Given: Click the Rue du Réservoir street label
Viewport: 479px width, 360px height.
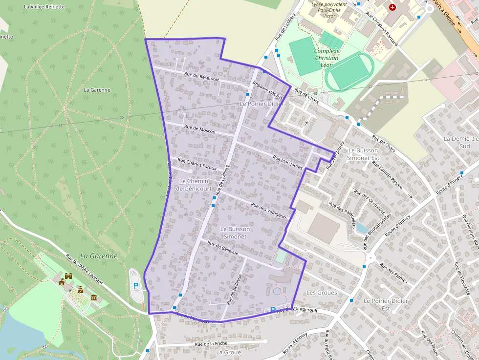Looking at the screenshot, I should coord(201,77).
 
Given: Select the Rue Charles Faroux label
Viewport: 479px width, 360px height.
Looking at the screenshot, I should coord(197,164).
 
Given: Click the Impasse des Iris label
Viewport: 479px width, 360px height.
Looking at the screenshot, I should coord(267,90).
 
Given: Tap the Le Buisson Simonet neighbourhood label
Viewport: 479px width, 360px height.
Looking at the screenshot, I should coord(235,233).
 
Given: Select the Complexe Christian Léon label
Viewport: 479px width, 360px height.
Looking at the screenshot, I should coord(327,58).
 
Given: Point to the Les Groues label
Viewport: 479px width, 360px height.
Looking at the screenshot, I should coord(321,293).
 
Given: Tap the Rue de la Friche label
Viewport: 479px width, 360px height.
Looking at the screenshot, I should coord(211,344).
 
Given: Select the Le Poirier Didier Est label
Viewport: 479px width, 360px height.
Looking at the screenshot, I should coord(379,304).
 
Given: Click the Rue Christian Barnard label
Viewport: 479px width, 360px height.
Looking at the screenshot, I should coord(382,29).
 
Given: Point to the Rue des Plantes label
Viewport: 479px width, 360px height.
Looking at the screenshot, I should coord(393,273).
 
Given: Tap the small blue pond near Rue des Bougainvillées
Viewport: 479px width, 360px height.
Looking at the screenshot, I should coord(361,227).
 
